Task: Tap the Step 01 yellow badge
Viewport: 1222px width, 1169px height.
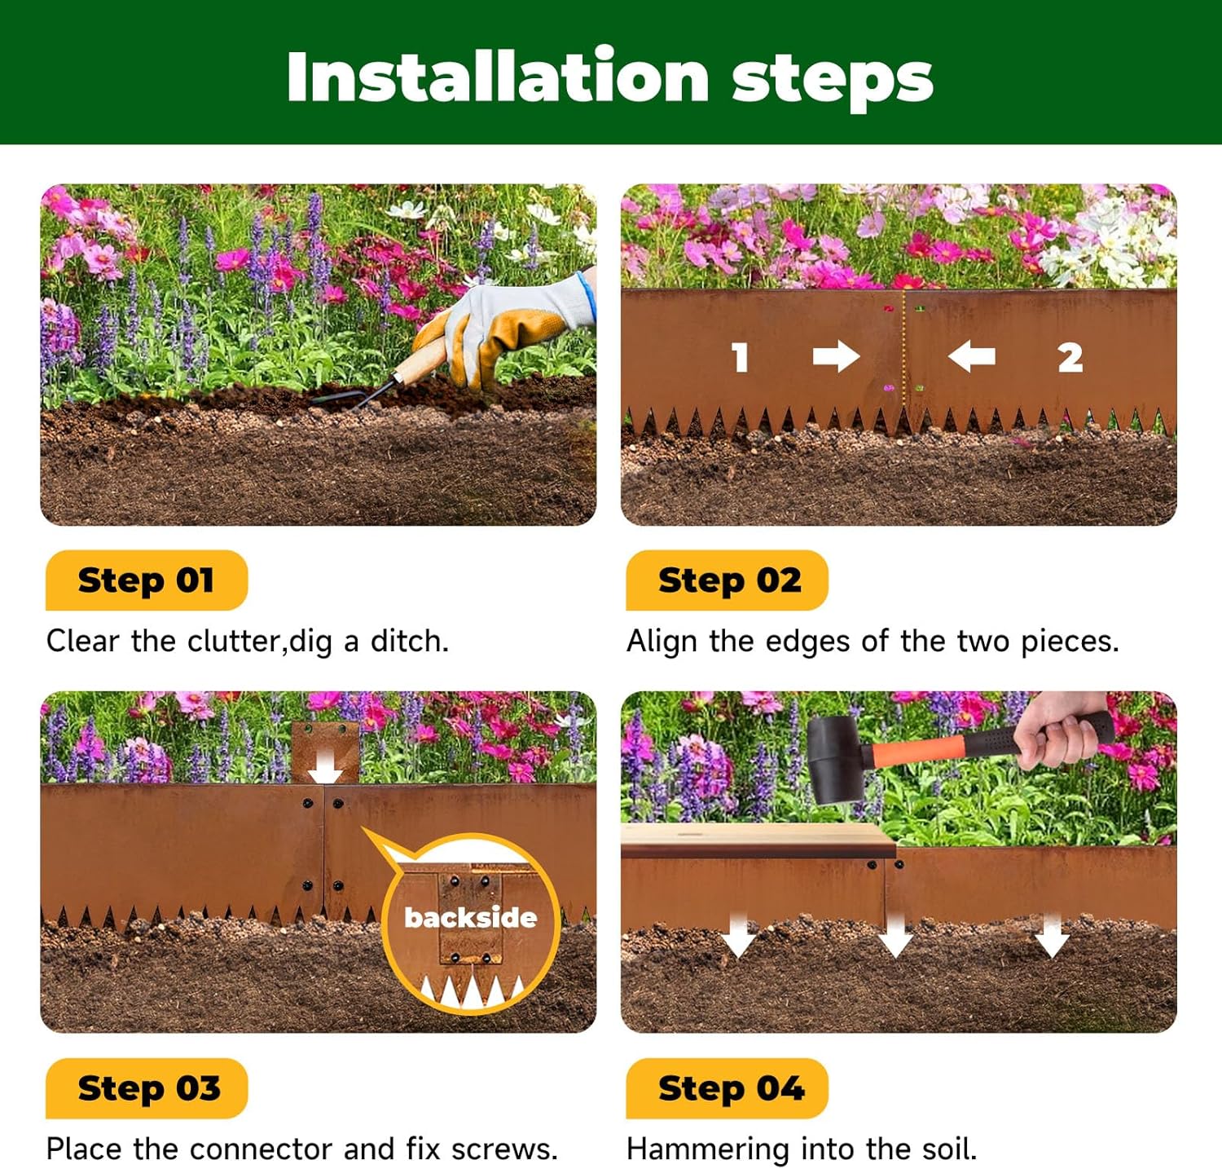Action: pos(147,580)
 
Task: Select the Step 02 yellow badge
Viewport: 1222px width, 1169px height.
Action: pos(727,580)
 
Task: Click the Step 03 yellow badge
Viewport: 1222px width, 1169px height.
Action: pos(147,1088)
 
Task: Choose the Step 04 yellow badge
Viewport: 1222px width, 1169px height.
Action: pos(727,1088)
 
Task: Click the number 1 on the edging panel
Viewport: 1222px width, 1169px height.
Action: pos(740,357)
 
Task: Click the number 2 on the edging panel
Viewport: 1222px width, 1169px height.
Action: pos(1070,357)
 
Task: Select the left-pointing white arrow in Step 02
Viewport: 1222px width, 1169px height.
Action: pos(971,356)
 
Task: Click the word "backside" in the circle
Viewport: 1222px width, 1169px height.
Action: pos(471,918)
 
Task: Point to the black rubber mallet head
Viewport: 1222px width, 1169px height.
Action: pos(839,759)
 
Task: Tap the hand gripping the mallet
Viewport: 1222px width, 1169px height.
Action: pos(1059,730)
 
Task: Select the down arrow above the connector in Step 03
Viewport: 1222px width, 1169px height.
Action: pos(325,767)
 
